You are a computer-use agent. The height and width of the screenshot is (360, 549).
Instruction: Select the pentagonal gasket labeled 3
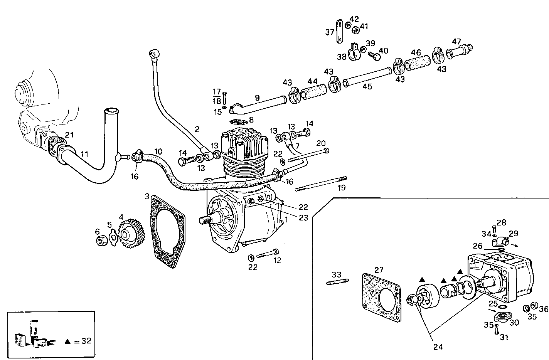click(x=167, y=231)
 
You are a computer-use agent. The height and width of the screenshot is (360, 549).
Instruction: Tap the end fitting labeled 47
click(x=459, y=50)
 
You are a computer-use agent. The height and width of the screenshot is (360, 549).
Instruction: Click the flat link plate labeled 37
click(x=339, y=32)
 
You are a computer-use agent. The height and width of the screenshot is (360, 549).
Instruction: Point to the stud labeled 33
click(x=338, y=282)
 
